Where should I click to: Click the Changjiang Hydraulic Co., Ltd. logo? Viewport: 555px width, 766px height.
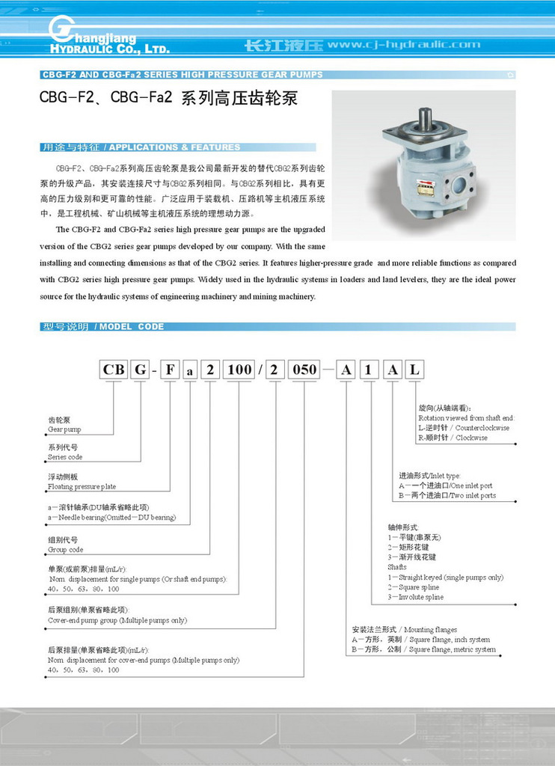click(108, 36)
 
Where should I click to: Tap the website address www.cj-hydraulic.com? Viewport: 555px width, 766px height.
click(404, 44)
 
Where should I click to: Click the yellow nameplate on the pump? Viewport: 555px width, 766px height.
click(426, 189)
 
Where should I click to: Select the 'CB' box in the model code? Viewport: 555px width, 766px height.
click(114, 370)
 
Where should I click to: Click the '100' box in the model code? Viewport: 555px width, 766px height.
click(240, 370)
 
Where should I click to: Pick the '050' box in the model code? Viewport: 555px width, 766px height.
click(304, 370)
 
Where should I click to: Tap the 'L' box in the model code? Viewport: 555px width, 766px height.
click(415, 370)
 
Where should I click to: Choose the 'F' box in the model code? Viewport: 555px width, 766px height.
click(170, 370)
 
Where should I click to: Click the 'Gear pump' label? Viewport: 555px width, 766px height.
click(64, 430)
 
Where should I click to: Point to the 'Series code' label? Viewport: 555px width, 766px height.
click(65, 457)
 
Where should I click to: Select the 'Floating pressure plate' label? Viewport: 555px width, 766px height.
click(82, 487)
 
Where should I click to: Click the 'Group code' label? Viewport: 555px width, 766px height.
click(65, 550)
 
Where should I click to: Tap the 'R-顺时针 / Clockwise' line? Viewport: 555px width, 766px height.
click(453, 438)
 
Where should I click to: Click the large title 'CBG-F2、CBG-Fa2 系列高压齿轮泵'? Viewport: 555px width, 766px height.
click(168, 98)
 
